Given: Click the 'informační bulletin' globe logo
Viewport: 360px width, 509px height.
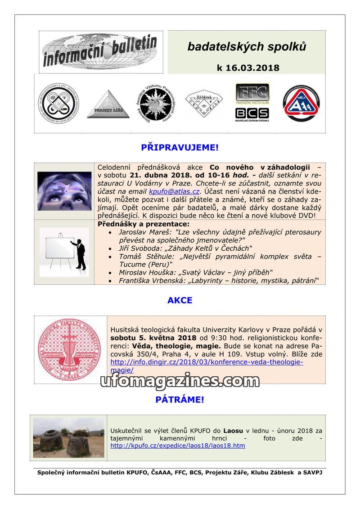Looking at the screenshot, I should pyautogui.click(x=100, y=52).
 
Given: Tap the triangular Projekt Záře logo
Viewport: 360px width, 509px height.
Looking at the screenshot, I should pyautogui.click(x=108, y=104).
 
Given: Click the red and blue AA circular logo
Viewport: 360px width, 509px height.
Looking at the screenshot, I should pyautogui.click(x=301, y=104).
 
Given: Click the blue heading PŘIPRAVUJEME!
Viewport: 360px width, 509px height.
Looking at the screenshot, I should pyautogui.click(x=180, y=147).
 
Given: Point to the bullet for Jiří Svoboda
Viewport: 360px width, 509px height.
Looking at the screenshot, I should pyautogui.click(x=111, y=248).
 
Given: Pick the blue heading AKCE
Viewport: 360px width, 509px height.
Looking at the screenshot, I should pyautogui.click(x=180, y=300).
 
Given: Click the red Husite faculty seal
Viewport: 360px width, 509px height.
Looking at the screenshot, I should pyautogui.click(x=69, y=348).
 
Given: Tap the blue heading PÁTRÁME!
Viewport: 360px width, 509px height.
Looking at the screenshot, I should pyautogui.click(x=180, y=399).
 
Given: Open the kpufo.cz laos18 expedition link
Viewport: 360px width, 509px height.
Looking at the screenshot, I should pyautogui.click(x=178, y=446).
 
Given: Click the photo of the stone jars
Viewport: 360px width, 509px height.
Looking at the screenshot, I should pyautogui.click(x=68, y=437).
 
